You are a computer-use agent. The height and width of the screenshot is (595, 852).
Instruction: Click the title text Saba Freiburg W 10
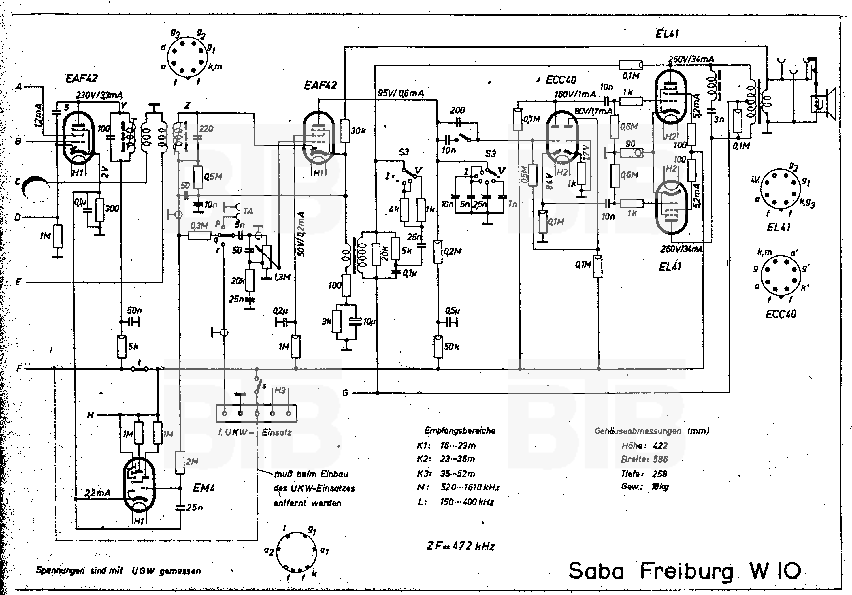(x=685, y=570)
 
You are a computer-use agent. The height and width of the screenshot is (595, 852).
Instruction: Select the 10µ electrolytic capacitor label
(x=369, y=321)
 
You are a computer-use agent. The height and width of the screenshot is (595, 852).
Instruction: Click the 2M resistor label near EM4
(x=192, y=461)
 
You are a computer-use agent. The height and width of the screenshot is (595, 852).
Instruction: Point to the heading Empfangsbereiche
(x=460, y=431)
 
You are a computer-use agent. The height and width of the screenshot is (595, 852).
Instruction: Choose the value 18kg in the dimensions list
(x=660, y=487)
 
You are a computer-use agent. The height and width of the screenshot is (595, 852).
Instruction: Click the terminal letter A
(x=18, y=86)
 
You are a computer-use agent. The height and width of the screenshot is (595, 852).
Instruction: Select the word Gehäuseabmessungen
(x=638, y=431)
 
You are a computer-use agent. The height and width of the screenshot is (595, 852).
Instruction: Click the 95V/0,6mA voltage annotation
(x=400, y=93)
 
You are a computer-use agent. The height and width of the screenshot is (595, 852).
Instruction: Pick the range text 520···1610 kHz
(x=470, y=487)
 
